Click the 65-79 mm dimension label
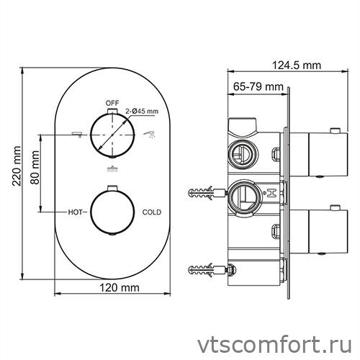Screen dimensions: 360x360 (x=258, y=86)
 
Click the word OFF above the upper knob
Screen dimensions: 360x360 (x=111, y=103)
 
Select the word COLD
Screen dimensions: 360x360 (x=151, y=212)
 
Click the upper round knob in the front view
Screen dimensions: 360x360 (x=112, y=135)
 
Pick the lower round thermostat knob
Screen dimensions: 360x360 (x=112, y=212)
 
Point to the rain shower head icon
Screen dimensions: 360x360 (x=111, y=170)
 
